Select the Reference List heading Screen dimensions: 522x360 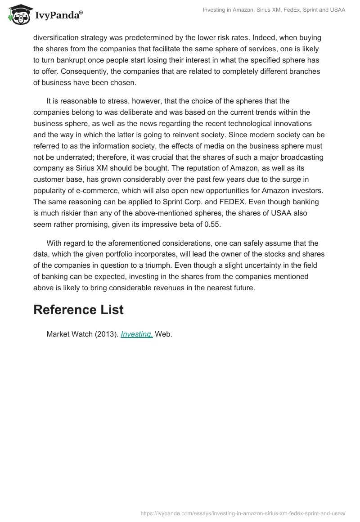78,310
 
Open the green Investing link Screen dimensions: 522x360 137,334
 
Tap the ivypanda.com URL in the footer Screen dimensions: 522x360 243,513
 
